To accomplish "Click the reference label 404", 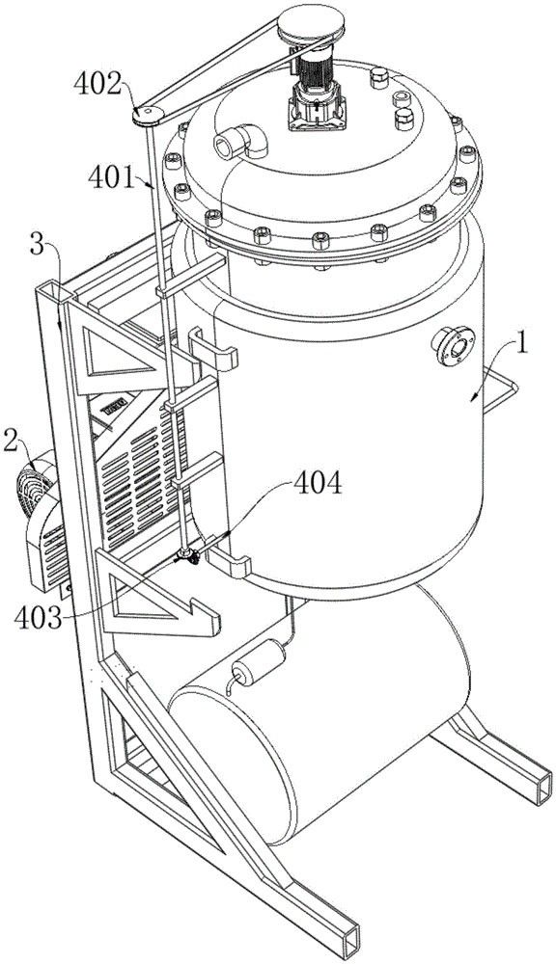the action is click(x=318, y=484).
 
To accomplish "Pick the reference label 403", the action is click(x=40, y=618).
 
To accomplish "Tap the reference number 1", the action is click(x=522, y=345).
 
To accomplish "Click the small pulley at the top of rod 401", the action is click(x=149, y=116).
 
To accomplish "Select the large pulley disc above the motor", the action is click(x=310, y=25).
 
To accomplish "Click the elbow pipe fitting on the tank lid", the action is click(x=240, y=142).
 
